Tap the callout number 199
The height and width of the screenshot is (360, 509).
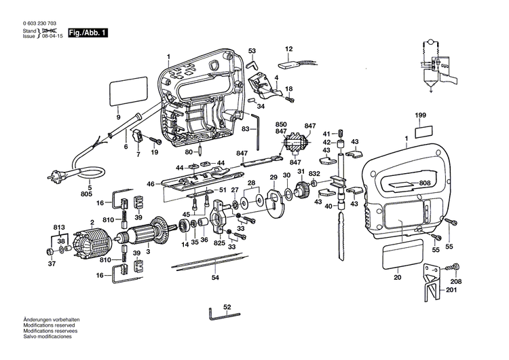click(421, 117)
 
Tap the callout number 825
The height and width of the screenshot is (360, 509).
click(219, 242)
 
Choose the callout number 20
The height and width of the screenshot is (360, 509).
click(397, 276)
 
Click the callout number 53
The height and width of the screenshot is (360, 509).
click(252, 51)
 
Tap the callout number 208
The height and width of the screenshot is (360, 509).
click(474, 281)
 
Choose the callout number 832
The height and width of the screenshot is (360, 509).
click(314, 175)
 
